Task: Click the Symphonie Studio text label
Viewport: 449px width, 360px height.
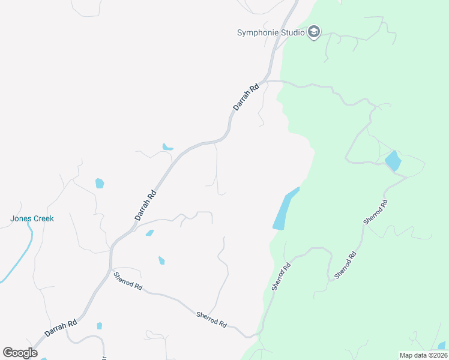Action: (271, 32)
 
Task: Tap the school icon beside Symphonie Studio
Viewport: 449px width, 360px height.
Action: (313, 32)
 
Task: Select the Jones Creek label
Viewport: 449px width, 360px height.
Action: (32, 218)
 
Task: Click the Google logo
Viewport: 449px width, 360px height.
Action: (20, 353)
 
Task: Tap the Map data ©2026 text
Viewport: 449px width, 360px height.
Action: (423, 355)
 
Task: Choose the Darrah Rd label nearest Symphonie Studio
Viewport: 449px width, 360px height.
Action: (246, 96)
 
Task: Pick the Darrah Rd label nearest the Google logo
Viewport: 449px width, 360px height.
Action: (61, 328)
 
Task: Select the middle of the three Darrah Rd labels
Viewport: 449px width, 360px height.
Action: (145, 205)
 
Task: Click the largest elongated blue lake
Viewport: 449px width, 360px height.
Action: (284, 210)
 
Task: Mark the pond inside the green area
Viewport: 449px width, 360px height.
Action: (393, 160)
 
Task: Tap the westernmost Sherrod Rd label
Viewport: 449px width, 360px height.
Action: (128, 281)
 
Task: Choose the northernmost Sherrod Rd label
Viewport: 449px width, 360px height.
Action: (376, 212)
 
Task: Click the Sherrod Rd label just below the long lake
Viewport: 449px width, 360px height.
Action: (282, 277)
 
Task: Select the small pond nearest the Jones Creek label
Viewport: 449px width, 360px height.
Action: (100, 183)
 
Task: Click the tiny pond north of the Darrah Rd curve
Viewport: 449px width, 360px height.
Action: (167, 146)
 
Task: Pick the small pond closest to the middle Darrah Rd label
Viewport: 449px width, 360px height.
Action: (149, 233)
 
